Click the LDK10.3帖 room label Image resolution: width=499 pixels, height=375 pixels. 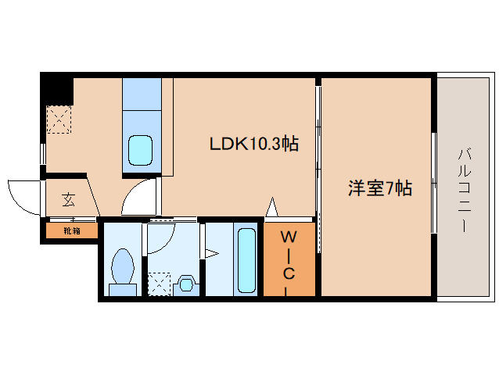click(253, 144)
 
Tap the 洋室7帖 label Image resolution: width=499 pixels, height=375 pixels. click(380, 188)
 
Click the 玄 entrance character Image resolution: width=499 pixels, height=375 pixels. click(69, 200)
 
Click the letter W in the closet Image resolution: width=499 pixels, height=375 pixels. click(289, 237)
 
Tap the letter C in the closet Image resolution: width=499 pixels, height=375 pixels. click(289, 273)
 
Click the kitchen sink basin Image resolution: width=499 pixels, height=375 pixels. click(141, 148)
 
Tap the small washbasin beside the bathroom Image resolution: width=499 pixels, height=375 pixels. click(186, 282)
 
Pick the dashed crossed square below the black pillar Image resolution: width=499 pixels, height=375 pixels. click(59, 120)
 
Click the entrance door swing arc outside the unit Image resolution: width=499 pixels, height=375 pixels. click(22, 195)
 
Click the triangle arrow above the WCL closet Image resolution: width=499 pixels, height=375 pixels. click(272, 209)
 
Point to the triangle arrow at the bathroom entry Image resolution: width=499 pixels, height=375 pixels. click(210, 252)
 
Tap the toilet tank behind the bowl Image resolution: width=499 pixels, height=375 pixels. click(123, 290)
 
